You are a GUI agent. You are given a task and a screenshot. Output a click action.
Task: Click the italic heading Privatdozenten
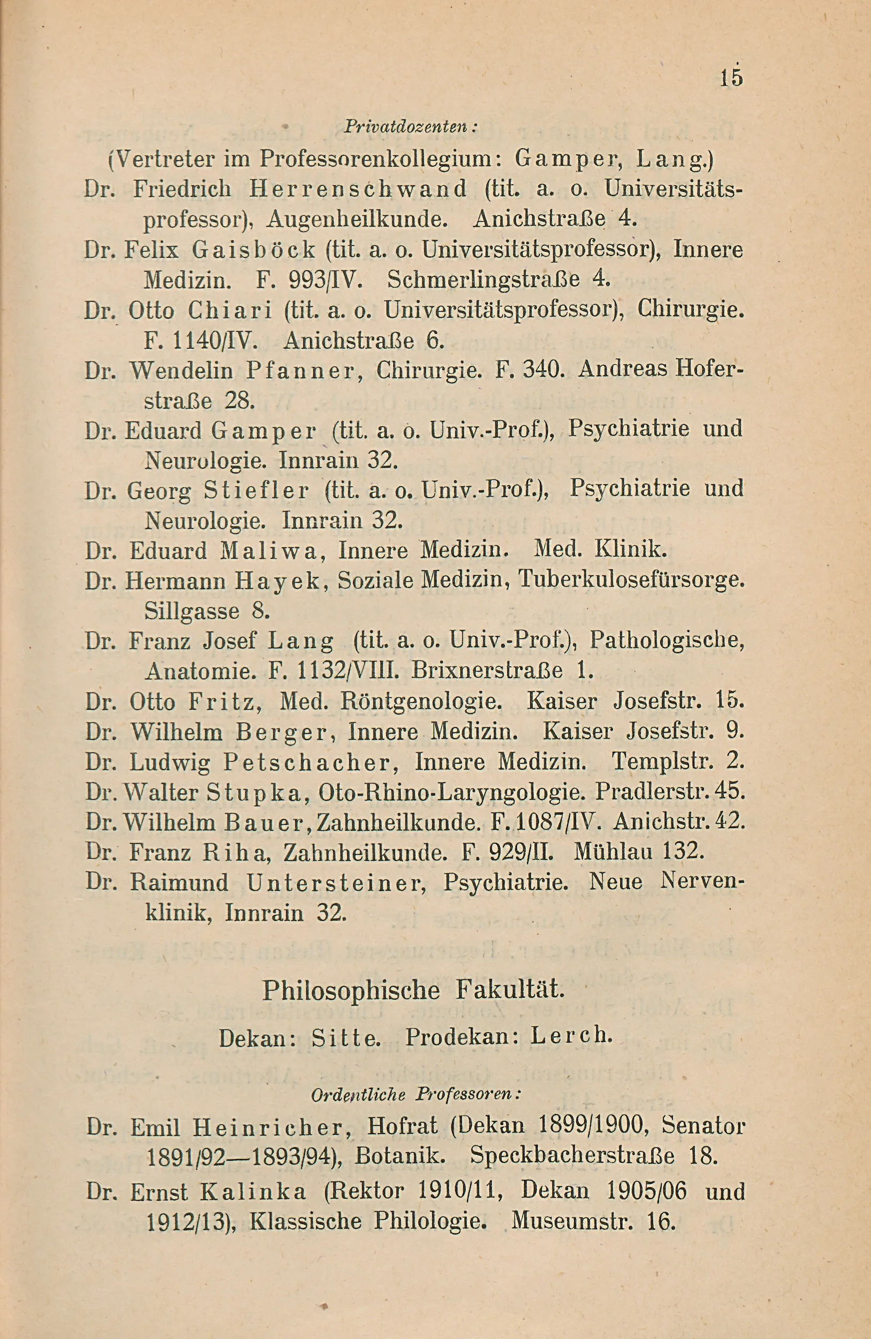410,127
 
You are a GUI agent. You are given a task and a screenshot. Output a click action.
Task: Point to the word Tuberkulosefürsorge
630,580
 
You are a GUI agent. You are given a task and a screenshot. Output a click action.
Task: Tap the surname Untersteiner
335,882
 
